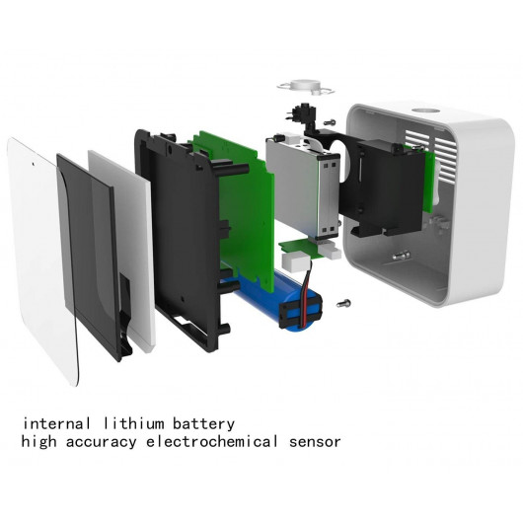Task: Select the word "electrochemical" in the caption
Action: pos(212,442)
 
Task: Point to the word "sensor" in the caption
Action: pos(315,442)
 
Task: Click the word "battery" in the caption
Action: pos(204,424)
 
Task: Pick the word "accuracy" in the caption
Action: pos(102,443)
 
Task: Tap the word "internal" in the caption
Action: pos(56,423)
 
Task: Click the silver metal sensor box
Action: pos(303,187)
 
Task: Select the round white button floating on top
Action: pos(304,87)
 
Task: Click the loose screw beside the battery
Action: pos(343,304)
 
